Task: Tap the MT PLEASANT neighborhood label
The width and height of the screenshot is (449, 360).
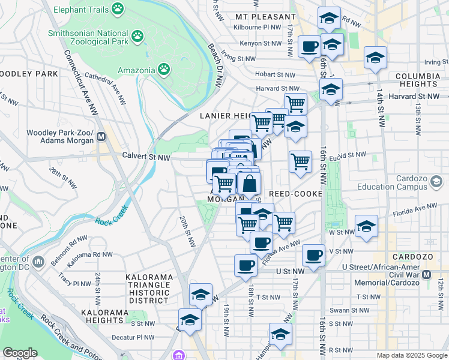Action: coord(265,16)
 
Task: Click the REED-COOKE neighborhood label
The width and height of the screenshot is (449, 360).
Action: coord(296,194)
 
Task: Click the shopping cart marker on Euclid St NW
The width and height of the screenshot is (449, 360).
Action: coord(300,161)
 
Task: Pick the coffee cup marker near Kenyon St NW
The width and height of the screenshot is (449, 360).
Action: coord(310,46)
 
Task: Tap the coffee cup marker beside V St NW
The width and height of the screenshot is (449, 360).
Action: coord(313,255)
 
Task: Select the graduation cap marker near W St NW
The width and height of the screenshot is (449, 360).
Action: coord(366,226)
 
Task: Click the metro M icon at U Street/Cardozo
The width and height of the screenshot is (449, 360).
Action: coord(427,274)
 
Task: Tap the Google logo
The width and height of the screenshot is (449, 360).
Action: coord(20,353)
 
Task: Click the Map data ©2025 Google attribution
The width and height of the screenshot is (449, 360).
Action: coord(411,355)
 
